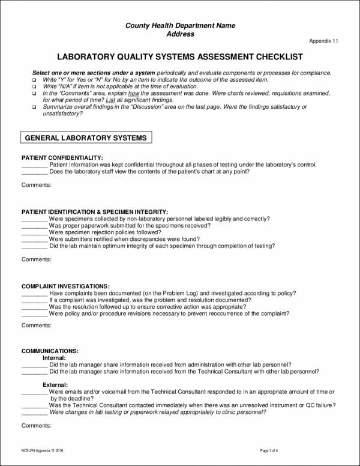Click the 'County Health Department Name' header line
pyautogui.click(x=180, y=25)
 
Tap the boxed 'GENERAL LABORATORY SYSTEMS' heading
pyautogui.click(x=86, y=138)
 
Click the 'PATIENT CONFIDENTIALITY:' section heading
pyautogui.click(x=58, y=157)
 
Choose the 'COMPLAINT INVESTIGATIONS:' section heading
pyautogui.click(x=66, y=286)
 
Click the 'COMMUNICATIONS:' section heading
pyautogui.click(x=50, y=350)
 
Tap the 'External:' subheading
pyautogui.click(x=55, y=384)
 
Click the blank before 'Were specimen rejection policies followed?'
pyautogui.click(x=34, y=232)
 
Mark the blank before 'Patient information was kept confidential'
pyautogui.click(x=34, y=165)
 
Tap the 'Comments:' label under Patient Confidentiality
pyautogui.click(x=37, y=185)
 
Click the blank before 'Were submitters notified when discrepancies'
pyautogui.click(x=34, y=239)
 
